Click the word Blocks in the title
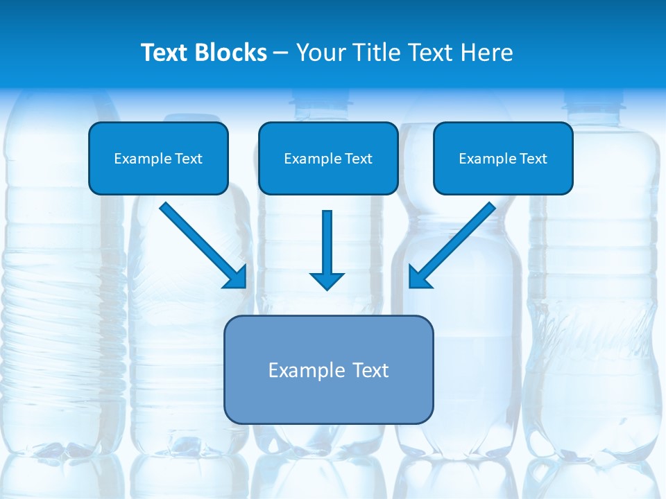[232, 53]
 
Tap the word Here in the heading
[488, 53]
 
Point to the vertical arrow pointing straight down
[327, 243]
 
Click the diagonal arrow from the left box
[198, 240]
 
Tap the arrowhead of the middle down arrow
[327, 281]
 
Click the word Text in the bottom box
[371, 370]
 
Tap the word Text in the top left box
[189, 159]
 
